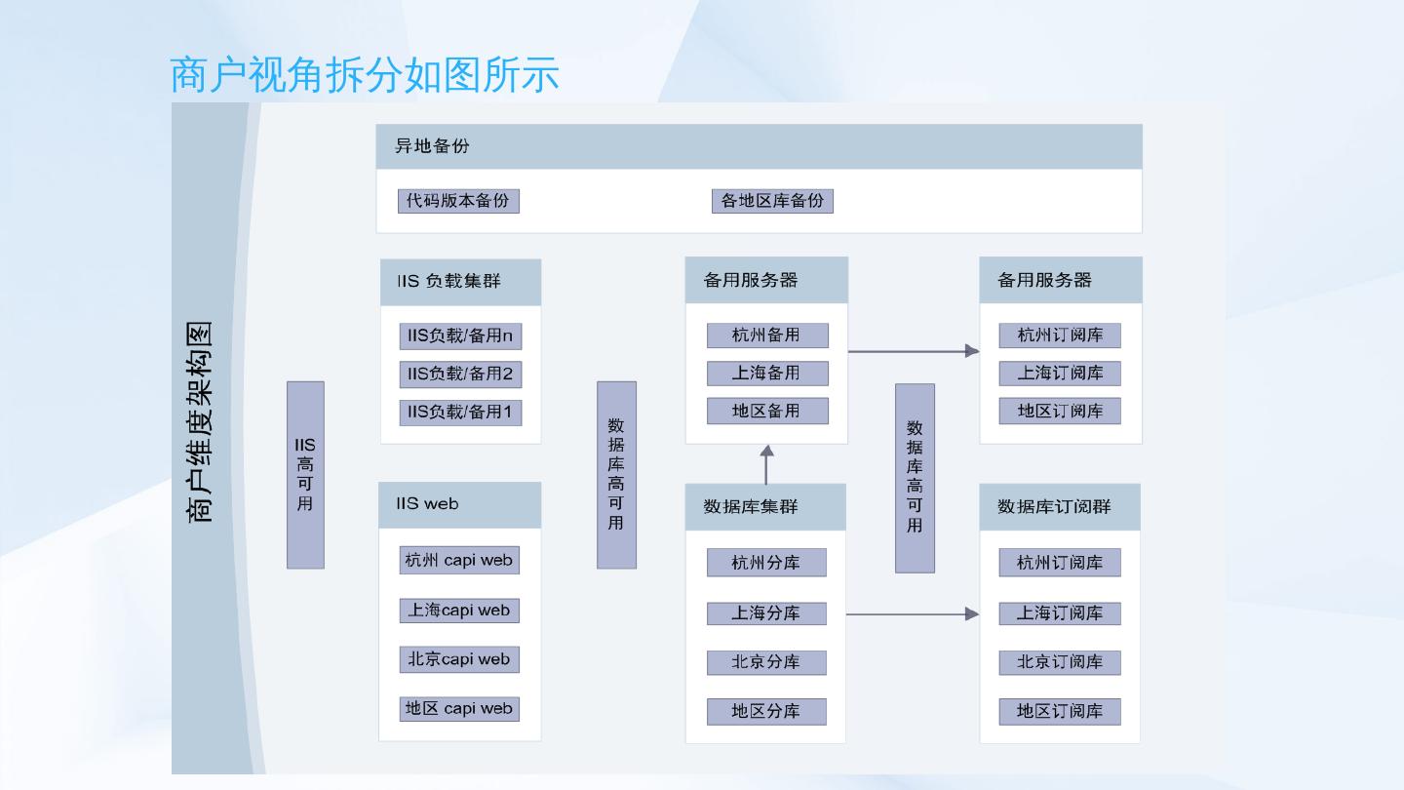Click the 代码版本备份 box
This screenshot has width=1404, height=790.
458,201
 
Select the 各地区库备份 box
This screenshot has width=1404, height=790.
772,201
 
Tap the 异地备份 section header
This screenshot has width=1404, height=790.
759,146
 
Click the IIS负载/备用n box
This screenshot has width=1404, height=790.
460,336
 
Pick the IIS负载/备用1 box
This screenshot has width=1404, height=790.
460,412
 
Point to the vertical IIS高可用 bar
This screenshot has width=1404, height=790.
305,474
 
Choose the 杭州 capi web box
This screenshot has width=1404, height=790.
459,560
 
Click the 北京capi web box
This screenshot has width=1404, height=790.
459,659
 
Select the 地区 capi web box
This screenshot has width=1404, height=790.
459,708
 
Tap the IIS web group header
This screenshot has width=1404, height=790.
459,504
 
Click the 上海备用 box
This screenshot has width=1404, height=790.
766,374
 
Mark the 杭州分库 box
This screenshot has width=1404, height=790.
766,563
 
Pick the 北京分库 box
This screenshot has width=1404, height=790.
766,662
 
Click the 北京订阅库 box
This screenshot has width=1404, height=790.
1060,662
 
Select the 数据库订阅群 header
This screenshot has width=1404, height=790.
1060,507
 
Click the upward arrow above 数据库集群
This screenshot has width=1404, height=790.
766,464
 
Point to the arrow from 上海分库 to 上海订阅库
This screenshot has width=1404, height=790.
912,613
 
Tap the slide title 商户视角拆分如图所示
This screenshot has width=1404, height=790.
365,75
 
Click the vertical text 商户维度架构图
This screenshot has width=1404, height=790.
200,421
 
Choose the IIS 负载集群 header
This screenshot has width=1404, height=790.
460,282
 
